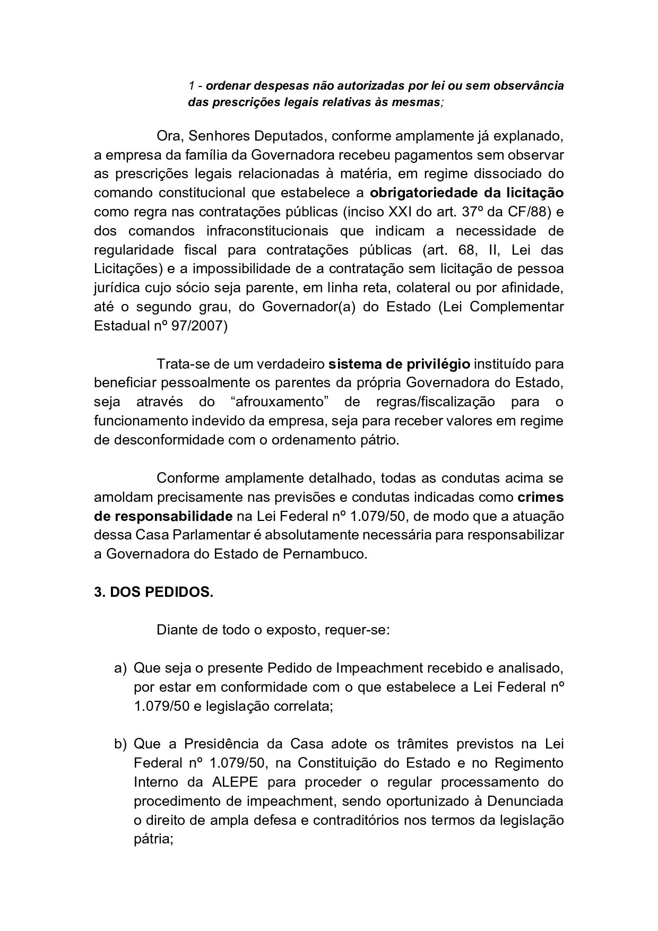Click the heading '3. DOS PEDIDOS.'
click(153, 593)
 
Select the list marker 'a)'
click(120, 668)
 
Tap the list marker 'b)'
click(120, 744)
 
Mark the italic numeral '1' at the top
click(191, 85)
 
